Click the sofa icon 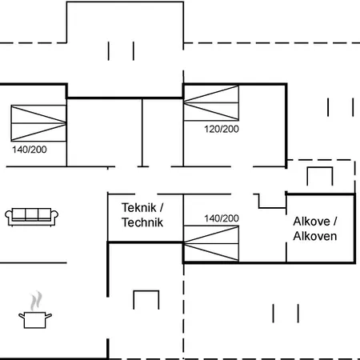click(31, 217)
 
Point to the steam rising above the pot click(36, 301)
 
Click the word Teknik click(139, 208)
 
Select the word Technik click(142, 222)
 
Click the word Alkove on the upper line click(311, 222)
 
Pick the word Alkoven click(315, 236)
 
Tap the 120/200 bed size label click(222, 129)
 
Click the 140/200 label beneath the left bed click(30, 150)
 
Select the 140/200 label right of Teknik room click(222, 218)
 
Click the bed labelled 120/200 click(211, 103)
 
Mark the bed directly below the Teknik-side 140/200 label click(211, 243)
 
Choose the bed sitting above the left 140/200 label click(38, 123)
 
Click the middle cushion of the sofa click(31, 214)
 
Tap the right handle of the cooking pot click(48, 316)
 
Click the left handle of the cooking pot click(22, 316)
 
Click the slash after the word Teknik click(162, 208)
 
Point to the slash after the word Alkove click(334, 222)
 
